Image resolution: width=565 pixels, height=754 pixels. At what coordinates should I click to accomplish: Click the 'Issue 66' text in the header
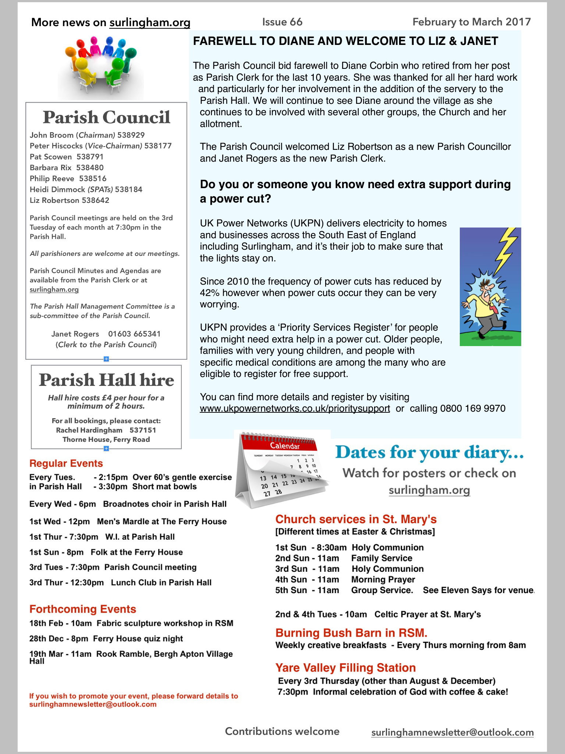tap(282, 22)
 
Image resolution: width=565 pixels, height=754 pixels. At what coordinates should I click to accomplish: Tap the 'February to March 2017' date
tap(472, 22)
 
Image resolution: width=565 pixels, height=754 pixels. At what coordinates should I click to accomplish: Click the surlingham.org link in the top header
tap(150, 23)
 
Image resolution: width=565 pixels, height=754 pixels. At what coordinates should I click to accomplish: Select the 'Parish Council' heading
tap(106, 117)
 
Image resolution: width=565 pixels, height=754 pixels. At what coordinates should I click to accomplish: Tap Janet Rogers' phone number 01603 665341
tap(134, 334)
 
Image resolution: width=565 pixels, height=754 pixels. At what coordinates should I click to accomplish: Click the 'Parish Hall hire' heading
tap(106, 380)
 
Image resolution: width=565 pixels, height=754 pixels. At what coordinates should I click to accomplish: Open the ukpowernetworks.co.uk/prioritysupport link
tap(295, 409)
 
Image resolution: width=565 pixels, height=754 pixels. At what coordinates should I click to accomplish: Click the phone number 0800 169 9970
tap(473, 409)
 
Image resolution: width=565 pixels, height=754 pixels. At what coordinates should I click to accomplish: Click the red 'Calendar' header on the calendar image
tap(285, 446)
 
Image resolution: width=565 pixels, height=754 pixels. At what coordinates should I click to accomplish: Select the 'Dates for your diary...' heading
tap(429, 452)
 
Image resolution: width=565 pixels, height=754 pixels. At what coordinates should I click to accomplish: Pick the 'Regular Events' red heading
tap(66, 464)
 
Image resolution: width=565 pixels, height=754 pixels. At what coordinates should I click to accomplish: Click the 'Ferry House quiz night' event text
tap(138, 639)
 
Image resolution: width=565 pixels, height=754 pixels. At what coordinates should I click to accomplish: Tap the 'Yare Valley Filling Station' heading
tap(345, 668)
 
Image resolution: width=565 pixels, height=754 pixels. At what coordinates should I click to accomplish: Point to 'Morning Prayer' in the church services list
tap(383, 580)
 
